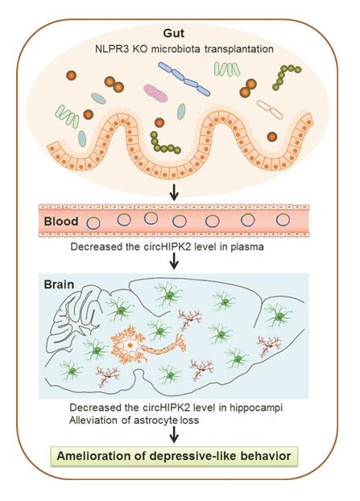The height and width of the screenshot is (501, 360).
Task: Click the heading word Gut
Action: coord(173,33)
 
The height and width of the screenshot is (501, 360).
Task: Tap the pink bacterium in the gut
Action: coord(155,93)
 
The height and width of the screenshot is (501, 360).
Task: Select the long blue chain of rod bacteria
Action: coord(184,79)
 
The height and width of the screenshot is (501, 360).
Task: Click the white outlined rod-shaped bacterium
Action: coord(270,110)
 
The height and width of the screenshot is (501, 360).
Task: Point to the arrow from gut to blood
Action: coord(174,192)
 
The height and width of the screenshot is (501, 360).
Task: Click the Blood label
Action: coord(61,222)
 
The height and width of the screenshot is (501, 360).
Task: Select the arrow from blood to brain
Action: coord(174,261)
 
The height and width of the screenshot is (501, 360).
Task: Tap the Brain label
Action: coord(59,284)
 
